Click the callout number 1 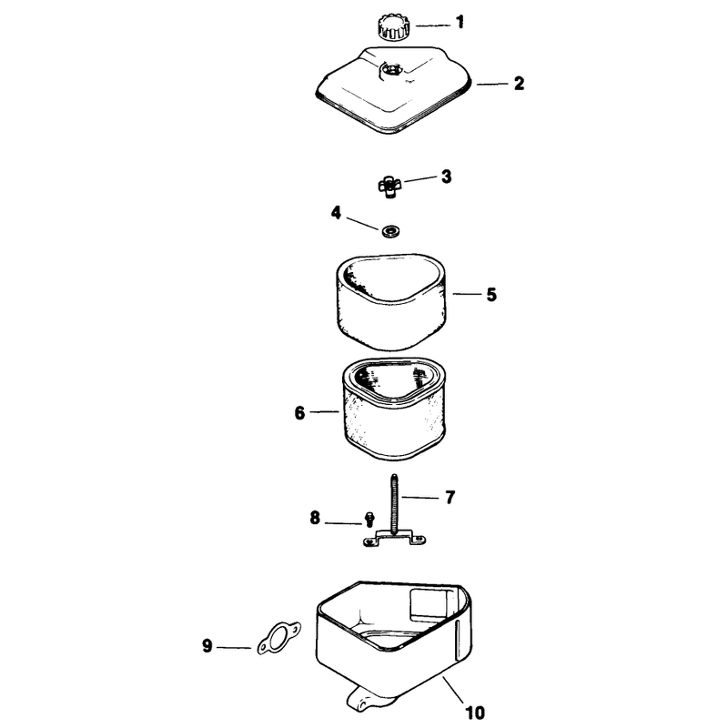click(x=460, y=22)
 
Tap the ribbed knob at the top click(x=393, y=27)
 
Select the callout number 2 click(x=519, y=83)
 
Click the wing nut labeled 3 click(x=390, y=187)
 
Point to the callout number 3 click(x=446, y=177)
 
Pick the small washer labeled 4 click(x=391, y=230)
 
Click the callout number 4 click(x=336, y=213)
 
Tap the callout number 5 click(x=491, y=294)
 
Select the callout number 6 click(x=300, y=412)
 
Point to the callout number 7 click(x=450, y=497)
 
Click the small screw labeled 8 click(x=369, y=519)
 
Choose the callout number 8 click(x=315, y=517)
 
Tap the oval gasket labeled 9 click(x=279, y=639)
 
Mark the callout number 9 click(x=207, y=646)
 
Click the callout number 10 click(x=474, y=713)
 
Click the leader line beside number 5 click(x=467, y=293)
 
